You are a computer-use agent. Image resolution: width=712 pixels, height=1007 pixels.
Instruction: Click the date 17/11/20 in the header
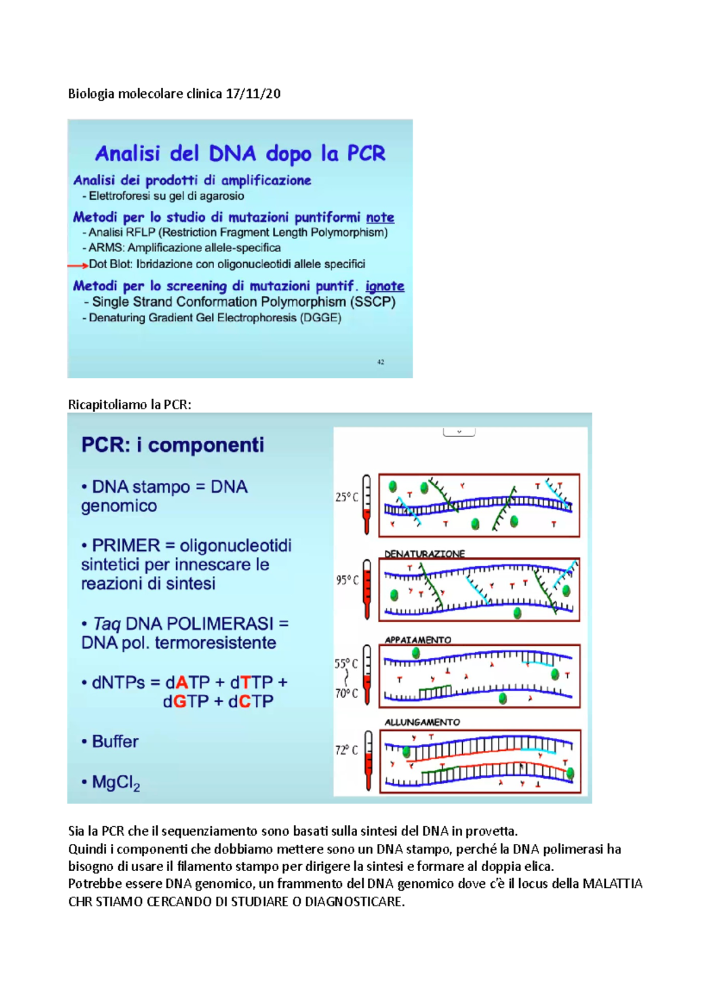[253, 94]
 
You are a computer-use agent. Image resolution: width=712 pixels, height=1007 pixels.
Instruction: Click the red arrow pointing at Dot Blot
[77, 265]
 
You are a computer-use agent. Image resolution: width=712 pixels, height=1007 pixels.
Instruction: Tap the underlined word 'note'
[380, 218]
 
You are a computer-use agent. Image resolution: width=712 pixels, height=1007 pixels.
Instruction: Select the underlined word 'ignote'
[384, 286]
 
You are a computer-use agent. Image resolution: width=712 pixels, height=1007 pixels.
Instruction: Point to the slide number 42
[380, 362]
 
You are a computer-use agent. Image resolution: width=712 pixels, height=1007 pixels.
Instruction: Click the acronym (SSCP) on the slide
[373, 302]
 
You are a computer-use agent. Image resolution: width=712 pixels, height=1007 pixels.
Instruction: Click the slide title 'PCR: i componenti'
[173, 445]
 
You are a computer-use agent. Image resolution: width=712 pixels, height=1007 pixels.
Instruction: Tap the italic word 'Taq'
[107, 624]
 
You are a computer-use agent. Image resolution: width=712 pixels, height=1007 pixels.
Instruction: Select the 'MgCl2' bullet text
[116, 783]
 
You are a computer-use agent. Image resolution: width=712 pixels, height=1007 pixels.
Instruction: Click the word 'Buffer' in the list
[115, 741]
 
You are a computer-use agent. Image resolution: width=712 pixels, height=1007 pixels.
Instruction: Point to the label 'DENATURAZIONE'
[424, 554]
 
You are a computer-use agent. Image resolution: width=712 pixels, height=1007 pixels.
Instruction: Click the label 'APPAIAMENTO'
[418, 640]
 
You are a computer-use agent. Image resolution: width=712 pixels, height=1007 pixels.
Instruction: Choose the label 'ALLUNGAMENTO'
[422, 722]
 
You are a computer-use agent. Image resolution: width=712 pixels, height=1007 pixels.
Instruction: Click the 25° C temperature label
[347, 497]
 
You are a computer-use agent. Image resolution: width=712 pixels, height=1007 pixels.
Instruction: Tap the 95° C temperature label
[347, 580]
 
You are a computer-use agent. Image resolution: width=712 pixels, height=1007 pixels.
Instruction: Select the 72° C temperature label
[346, 750]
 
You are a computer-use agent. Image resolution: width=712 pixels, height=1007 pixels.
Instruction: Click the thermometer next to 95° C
[367, 589]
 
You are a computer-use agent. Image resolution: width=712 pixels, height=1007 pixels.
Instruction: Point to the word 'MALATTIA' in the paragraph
[612, 884]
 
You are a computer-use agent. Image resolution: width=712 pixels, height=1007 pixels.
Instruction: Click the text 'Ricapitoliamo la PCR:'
[129, 405]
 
